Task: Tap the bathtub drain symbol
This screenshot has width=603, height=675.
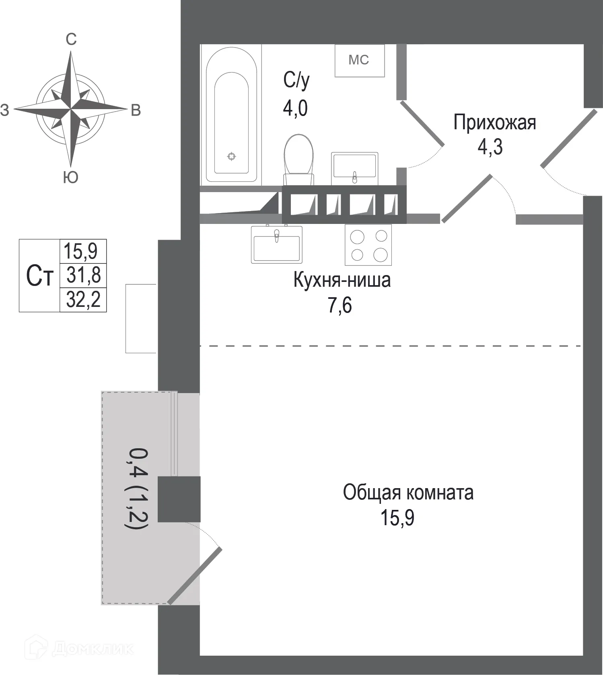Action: tap(231, 156)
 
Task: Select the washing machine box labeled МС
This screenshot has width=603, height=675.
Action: tap(360, 60)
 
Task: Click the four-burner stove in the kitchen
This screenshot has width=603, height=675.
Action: tap(368, 244)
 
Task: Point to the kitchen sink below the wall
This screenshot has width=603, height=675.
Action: tap(276, 244)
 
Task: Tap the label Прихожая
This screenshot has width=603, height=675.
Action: tap(494, 122)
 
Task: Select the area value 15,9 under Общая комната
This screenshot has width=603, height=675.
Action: tap(397, 518)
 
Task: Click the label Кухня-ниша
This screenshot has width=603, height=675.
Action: tap(342, 280)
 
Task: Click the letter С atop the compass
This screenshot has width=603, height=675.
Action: tap(71, 39)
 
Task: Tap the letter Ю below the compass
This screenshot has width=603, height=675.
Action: tap(71, 177)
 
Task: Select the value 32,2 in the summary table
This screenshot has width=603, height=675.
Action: tap(83, 300)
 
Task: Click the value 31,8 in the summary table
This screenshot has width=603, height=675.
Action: tap(83, 275)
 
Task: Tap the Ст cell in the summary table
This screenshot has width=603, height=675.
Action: tap(39, 276)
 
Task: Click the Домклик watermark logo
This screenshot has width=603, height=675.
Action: tap(78, 648)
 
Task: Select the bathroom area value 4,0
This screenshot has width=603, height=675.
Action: tap(295, 108)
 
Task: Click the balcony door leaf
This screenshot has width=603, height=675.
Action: tap(195, 576)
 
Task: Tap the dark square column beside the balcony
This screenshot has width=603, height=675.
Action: tap(179, 499)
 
